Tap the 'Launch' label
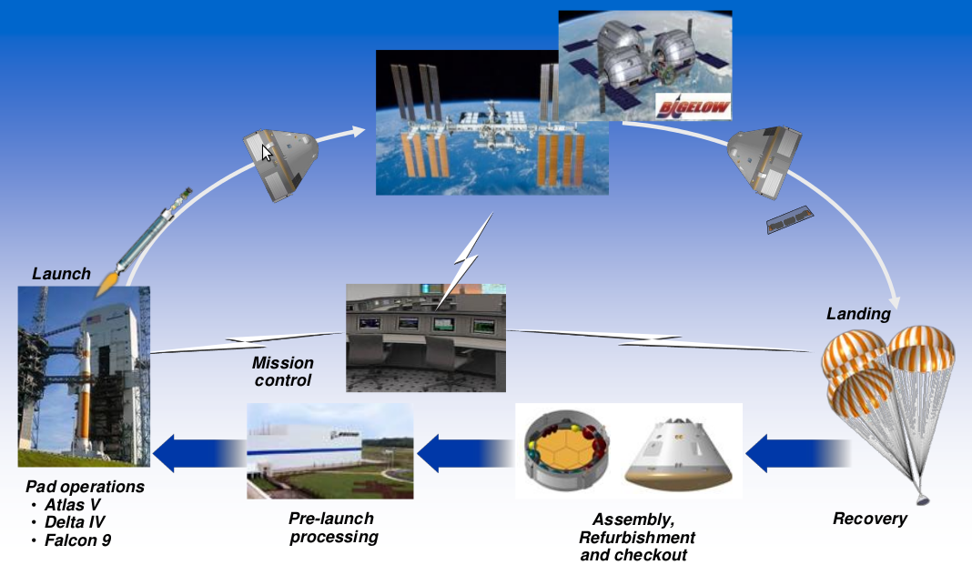coord(62,273)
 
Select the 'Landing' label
coord(857,314)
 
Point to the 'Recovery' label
coord(869,520)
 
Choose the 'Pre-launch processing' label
coord(332,528)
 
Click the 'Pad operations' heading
coord(85,488)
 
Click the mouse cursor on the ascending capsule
coord(267,153)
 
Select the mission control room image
coord(426,336)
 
